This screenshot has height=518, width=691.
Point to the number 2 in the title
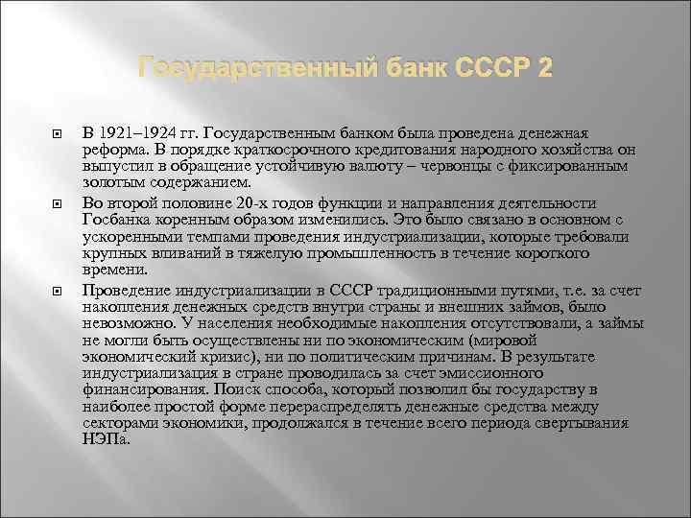543,69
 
